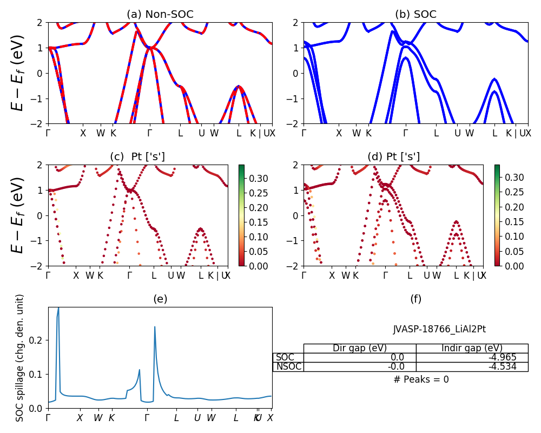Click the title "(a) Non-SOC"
click(x=160, y=14)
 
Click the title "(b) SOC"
click(x=415, y=14)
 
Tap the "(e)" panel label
click(x=160, y=299)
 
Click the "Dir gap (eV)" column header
click(x=360, y=348)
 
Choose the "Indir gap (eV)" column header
click(x=472, y=348)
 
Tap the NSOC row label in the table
click(x=288, y=366)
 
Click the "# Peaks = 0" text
click(x=421, y=379)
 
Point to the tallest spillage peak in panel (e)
click(x=58, y=309)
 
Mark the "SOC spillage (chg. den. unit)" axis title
click(x=20, y=358)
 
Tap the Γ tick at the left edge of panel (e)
click(x=48, y=418)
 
